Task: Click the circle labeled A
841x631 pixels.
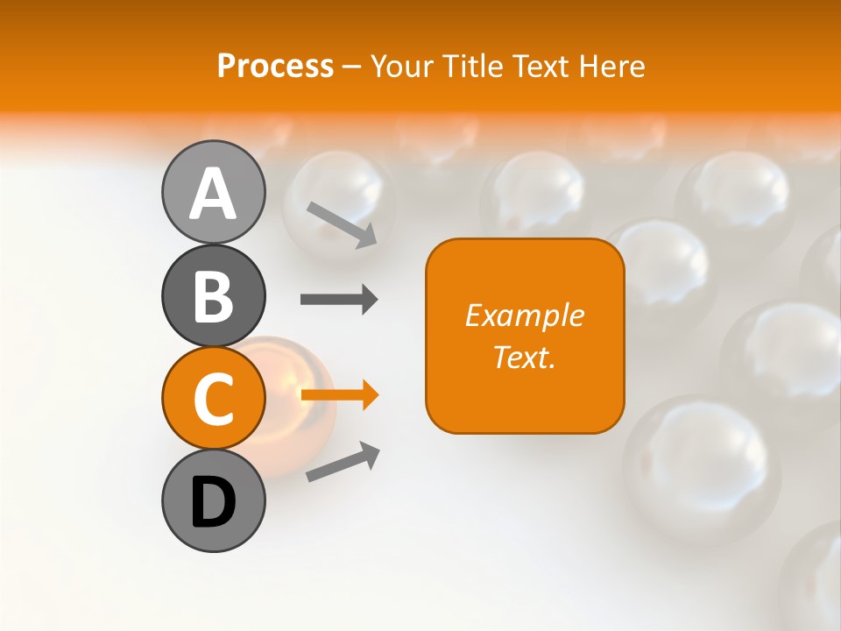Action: (213, 192)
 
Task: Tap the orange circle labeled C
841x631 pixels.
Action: (213, 398)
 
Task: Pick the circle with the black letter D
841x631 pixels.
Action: (213, 500)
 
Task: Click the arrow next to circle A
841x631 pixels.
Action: (342, 223)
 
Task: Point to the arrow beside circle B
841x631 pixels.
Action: (339, 300)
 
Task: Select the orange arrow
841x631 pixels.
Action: (339, 395)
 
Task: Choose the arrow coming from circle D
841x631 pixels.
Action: (343, 462)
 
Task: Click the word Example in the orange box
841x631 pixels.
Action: (524, 315)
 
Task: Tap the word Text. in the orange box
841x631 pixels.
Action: (524, 357)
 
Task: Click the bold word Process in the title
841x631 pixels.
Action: (275, 66)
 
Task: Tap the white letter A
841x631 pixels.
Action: (213, 194)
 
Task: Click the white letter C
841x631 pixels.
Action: (213, 400)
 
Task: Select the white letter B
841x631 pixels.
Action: (213, 296)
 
